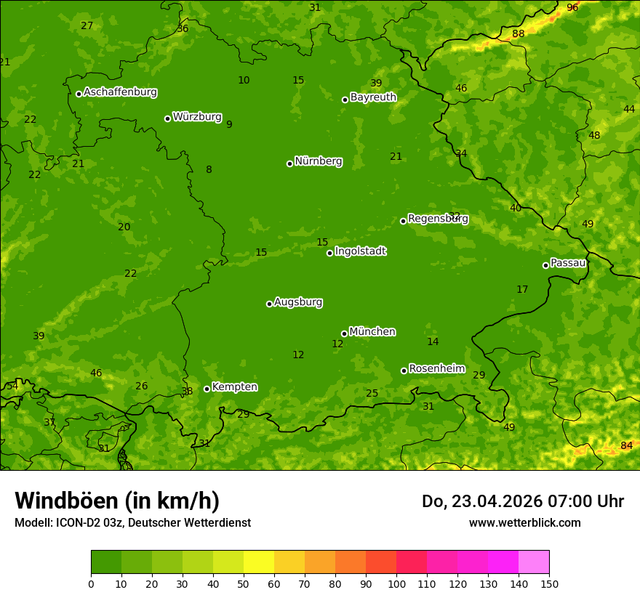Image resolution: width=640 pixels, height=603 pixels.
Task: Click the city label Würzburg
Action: [x=197, y=117]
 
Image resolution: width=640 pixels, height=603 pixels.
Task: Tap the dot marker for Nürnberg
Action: [x=289, y=163]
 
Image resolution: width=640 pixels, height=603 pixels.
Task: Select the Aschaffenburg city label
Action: [x=120, y=92]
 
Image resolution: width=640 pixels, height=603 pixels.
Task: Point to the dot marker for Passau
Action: [x=545, y=265]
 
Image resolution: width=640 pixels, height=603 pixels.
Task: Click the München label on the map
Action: [x=372, y=332]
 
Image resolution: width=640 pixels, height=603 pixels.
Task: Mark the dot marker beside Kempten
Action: [x=207, y=389]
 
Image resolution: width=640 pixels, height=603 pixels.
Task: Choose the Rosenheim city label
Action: [x=436, y=369]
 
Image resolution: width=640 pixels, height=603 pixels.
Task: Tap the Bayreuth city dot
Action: [x=345, y=100]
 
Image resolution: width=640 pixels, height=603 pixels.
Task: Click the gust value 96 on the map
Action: [x=572, y=7]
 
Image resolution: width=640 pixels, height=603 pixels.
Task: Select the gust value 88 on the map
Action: [x=518, y=34]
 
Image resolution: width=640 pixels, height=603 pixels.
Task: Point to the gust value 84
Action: [x=626, y=445]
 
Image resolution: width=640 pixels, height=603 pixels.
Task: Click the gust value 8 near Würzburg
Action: [x=209, y=170]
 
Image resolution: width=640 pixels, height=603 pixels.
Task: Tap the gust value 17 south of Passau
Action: [x=522, y=290]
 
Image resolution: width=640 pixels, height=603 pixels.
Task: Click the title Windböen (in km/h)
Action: [x=117, y=501]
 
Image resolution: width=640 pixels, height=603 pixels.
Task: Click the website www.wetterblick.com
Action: [x=524, y=523]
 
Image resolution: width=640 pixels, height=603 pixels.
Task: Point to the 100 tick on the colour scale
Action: [x=396, y=583]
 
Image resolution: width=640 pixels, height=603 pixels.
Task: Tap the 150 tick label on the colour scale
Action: [x=549, y=583]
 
